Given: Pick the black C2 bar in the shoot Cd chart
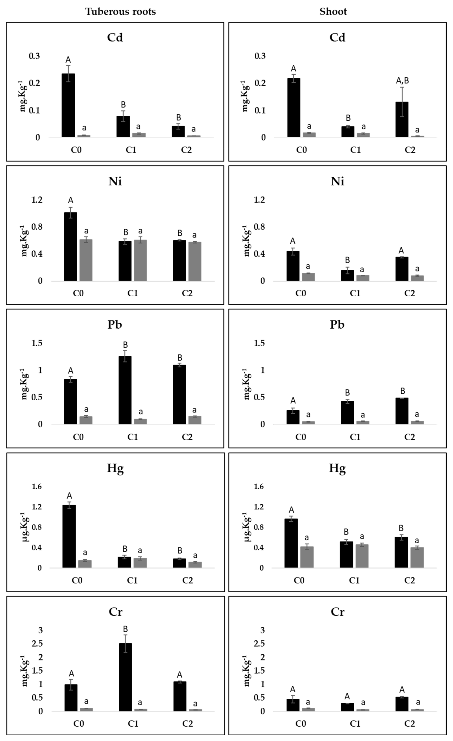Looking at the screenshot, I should click(402, 119).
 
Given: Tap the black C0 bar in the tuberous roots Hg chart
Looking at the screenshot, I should click(69, 536).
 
